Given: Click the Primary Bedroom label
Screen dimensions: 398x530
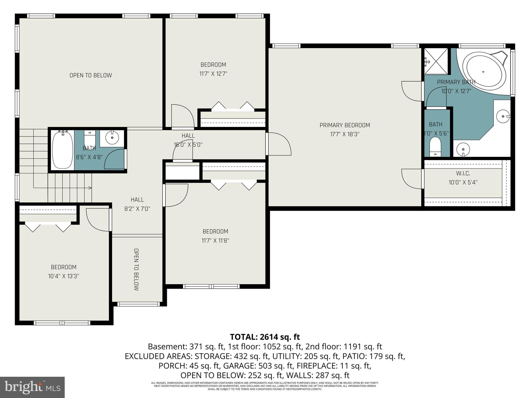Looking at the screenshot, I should tap(345, 125).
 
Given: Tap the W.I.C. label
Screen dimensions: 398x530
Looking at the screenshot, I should tap(463, 173).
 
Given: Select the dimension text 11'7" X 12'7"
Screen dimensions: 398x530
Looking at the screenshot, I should tap(213, 74).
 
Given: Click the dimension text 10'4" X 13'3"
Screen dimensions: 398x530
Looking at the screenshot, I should tap(63, 276).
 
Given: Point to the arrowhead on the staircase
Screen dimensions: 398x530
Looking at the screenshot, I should tap(90, 188).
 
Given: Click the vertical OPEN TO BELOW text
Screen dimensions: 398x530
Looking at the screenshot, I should tap(136, 269).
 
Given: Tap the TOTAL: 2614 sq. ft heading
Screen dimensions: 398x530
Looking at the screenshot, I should tap(265, 337).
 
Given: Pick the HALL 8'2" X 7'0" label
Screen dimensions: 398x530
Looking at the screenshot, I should tap(137, 204).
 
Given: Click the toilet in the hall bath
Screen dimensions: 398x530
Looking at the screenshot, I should tap(90, 139).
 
